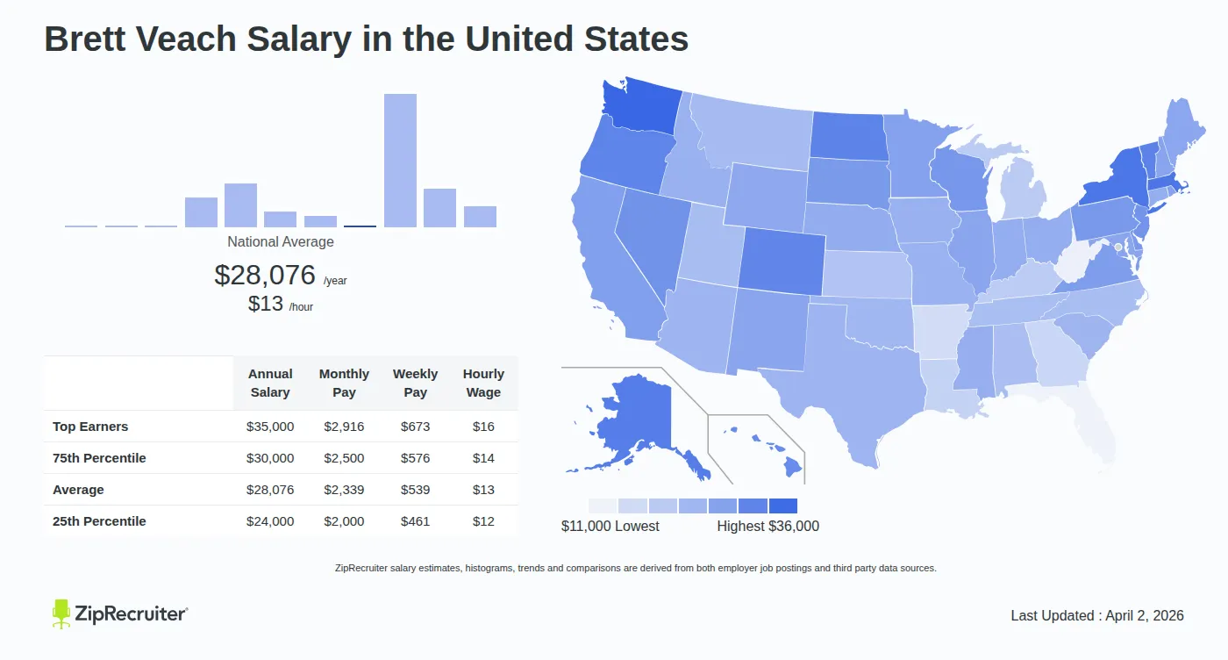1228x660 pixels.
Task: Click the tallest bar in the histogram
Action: tap(400, 161)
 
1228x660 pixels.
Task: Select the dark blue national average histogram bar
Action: tap(360, 226)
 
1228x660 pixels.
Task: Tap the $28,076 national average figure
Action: tap(265, 275)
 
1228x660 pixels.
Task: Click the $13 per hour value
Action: tap(266, 304)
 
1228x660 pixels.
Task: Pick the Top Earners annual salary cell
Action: tap(270, 427)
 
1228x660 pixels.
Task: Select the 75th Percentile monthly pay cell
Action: tap(344, 458)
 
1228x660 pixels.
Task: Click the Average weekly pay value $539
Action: tap(416, 490)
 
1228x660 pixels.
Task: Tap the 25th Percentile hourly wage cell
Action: tap(483, 521)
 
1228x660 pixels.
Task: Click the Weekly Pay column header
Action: tap(416, 383)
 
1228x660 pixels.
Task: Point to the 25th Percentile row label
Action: tap(99, 521)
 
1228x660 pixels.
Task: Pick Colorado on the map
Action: tap(782, 261)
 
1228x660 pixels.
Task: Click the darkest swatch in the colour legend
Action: tap(783, 506)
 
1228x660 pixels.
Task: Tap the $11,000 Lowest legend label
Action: tap(610, 527)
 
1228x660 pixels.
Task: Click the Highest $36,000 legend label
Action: tap(767, 527)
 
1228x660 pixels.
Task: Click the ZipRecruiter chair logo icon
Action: tap(61, 613)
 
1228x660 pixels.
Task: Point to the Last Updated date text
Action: tap(1097, 615)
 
